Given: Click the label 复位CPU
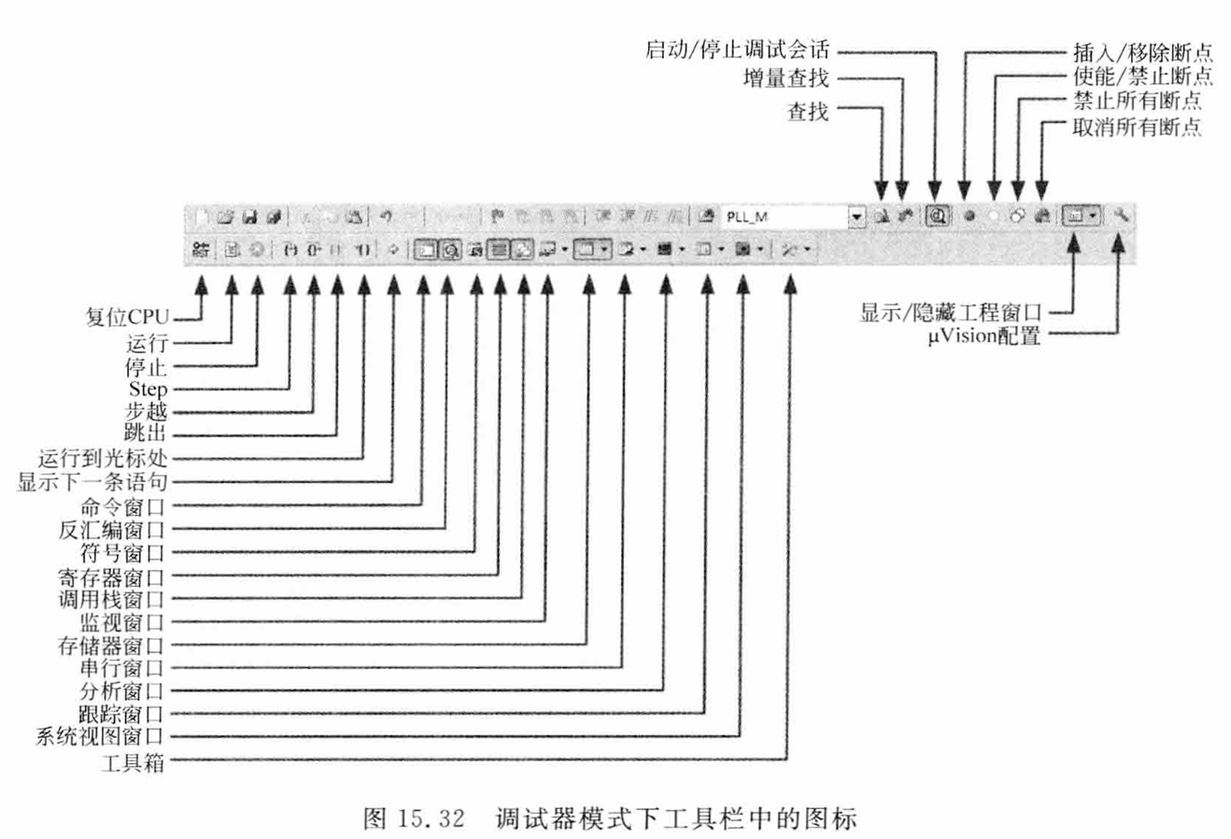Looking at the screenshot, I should tap(128, 318).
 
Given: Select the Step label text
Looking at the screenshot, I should tap(149, 389).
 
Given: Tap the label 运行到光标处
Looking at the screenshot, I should tap(103, 459).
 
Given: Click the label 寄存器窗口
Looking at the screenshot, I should tap(112, 576).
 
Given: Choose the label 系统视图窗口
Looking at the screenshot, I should tap(100, 737).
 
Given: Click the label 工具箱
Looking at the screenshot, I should tap(134, 761).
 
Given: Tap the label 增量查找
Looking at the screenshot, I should tap(785, 78).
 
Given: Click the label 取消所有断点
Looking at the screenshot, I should tap(1137, 127).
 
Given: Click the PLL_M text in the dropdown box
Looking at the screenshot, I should tap(748, 217).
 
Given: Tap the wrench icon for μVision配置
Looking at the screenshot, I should tap(1121, 216).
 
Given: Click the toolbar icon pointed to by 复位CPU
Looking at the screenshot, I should tap(201, 249).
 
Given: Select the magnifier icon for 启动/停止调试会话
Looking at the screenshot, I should tap(938, 216).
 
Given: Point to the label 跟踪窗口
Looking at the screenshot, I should tap(122, 715).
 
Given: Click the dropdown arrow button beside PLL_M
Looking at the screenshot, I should tap(856, 217).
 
